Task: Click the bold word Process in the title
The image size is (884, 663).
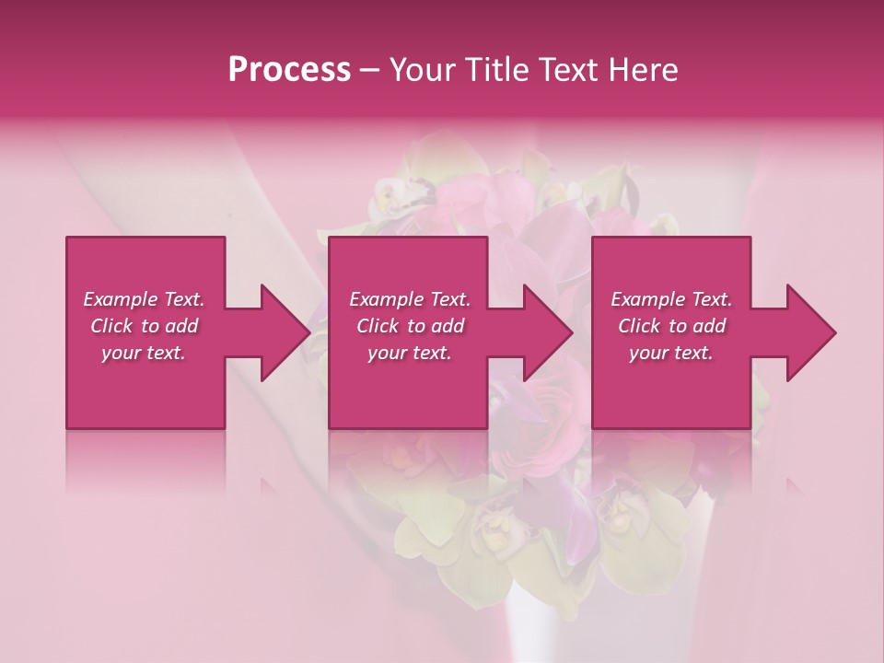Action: [289, 70]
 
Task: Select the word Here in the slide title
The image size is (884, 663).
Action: [644, 70]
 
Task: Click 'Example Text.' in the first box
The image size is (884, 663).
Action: [144, 299]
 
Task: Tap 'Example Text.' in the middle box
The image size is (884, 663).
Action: [410, 299]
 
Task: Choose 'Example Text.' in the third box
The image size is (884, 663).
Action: [671, 299]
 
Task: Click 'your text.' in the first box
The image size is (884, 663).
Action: [144, 353]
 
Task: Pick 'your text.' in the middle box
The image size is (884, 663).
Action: [410, 353]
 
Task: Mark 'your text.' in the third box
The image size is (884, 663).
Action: [671, 353]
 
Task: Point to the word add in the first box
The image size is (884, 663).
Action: [181, 326]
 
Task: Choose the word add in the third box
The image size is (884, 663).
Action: [709, 326]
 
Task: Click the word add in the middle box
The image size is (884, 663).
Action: [448, 326]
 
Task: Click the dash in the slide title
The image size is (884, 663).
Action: [370, 70]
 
